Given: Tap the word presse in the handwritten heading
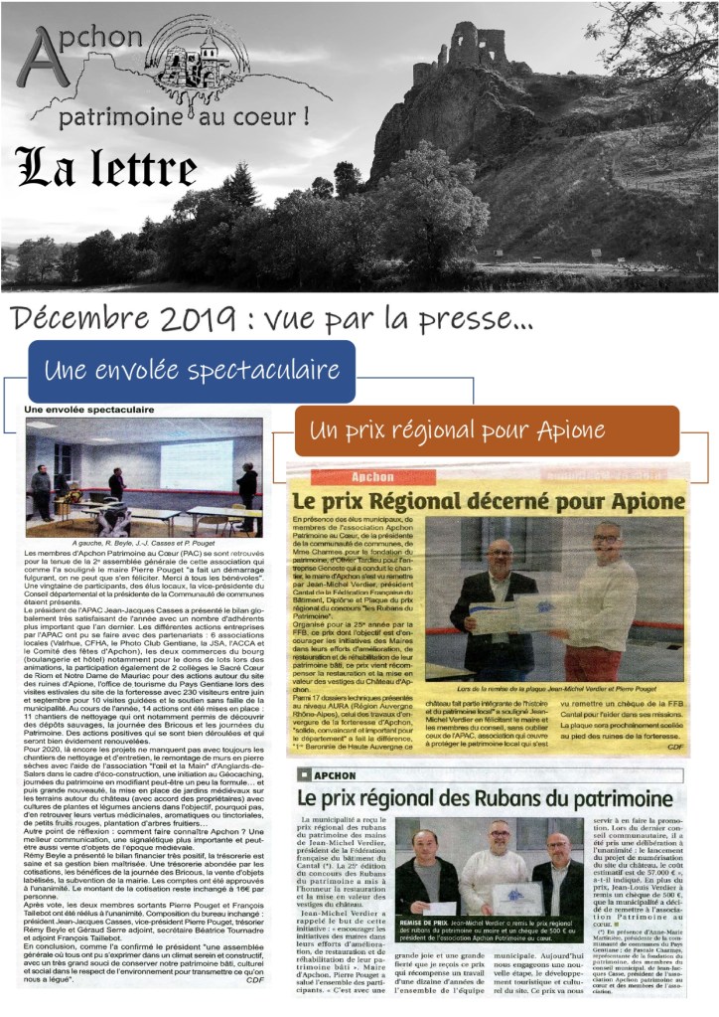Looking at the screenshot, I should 464,318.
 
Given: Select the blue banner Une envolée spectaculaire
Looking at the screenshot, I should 191,371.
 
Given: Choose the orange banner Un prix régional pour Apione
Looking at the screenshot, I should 487,430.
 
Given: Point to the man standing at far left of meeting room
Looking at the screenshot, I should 41,488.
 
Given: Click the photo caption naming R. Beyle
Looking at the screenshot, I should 144,545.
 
